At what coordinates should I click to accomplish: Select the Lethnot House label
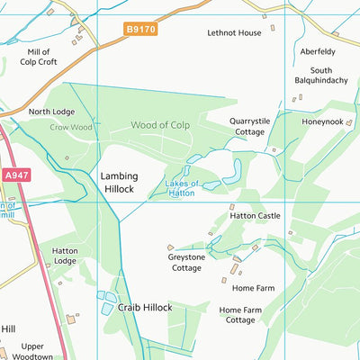click(234, 32)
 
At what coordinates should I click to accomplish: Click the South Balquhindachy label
click(320, 76)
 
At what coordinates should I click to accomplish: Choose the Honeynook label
click(321, 121)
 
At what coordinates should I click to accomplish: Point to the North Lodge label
click(51, 112)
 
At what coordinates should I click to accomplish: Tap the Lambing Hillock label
click(117, 183)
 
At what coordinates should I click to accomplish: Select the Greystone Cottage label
click(187, 262)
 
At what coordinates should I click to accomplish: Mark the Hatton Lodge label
click(65, 255)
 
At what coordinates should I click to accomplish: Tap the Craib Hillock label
click(144, 307)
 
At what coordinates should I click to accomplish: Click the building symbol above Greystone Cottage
click(170, 246)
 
